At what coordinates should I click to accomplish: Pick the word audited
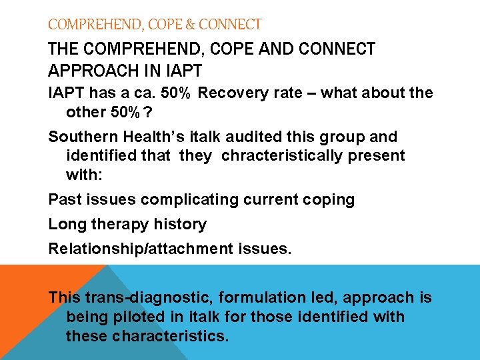tap(241, 137)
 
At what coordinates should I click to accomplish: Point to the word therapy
tap(117, 225)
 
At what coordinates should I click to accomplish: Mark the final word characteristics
tap(170, 335)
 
